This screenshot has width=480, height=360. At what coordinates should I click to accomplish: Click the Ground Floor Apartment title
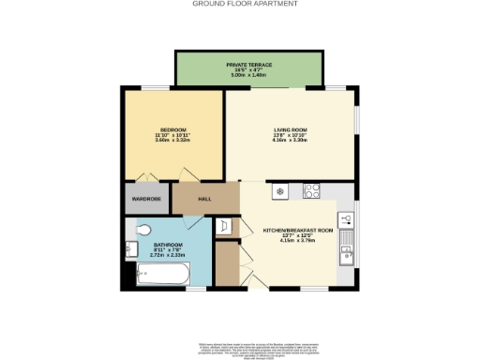[245, 4]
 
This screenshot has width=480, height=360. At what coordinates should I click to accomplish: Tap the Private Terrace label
[248, 64]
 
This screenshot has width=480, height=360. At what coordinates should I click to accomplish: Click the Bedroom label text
[173, 129]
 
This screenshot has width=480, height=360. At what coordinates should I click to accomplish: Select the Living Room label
[289, 129]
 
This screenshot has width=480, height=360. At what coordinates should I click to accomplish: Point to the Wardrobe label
[146, 199]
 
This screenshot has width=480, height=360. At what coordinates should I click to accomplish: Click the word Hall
[204, 199]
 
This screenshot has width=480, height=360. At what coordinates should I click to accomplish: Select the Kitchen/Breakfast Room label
[298, 230]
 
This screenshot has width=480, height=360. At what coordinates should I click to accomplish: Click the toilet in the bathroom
[143, 230]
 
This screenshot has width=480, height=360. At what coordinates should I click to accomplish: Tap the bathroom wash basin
[130, 248]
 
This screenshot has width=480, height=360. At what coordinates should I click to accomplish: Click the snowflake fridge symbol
[278, 192]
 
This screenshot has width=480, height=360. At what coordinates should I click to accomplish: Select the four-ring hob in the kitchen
[313, 192]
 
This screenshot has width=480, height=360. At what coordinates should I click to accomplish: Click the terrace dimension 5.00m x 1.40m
[248, 74]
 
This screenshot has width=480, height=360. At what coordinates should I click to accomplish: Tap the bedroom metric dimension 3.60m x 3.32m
[173, 140]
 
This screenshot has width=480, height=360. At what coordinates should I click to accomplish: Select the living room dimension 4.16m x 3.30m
[289, 140]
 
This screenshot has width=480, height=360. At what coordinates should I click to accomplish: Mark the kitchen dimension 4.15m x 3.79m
[298, 240]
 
